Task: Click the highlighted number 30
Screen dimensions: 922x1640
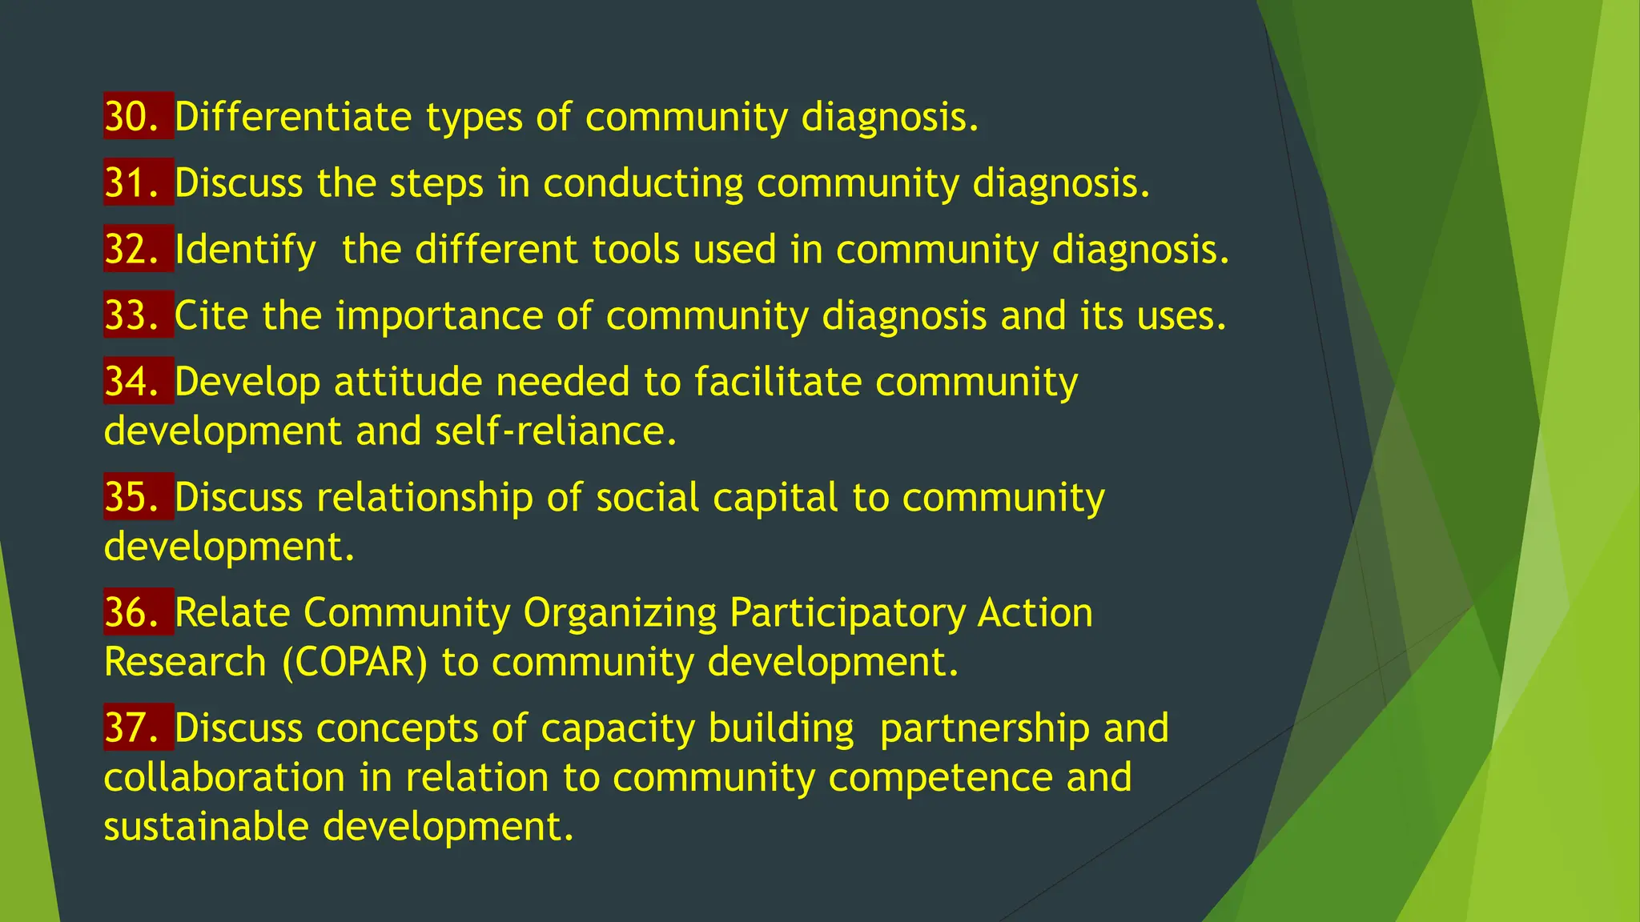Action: (x=132, y=117)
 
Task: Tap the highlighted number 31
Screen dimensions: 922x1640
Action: (x=132, y=183)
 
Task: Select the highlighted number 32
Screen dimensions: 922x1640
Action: (x=132, y=250)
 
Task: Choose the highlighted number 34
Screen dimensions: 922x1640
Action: (x=132, y=382)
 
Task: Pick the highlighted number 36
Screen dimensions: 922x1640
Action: (x=132, y=613)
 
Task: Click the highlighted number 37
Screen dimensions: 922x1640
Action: (x=132, y=728)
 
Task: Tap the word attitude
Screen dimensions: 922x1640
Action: (x=408, y=382)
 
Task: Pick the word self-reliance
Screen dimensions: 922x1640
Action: (x=556, y=432)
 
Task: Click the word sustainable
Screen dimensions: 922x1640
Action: (x=206, y=827)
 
